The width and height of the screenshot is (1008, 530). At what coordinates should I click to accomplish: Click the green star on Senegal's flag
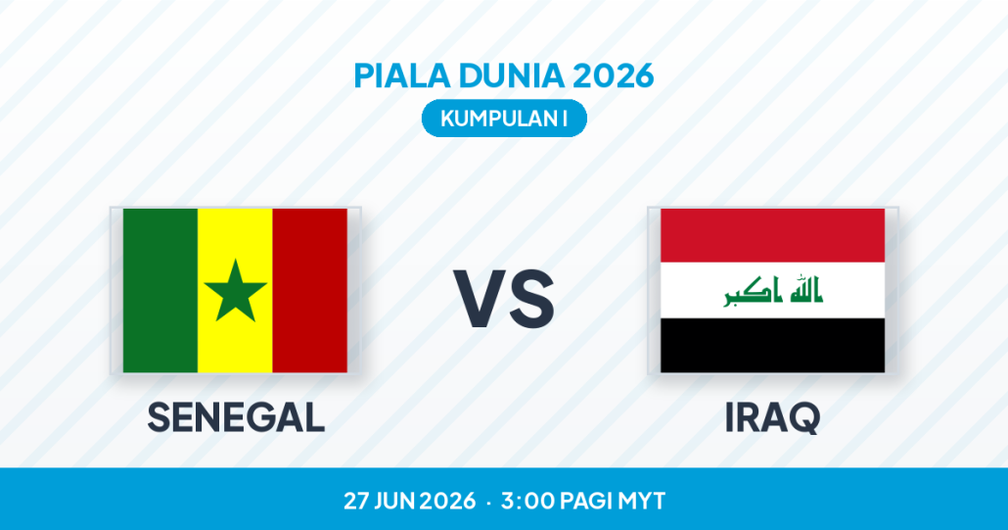click(x=235, y=292)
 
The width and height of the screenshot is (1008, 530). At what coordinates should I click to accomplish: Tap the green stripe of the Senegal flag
click(x=160, y=290)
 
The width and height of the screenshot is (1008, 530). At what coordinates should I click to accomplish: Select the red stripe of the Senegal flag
click(x=310, y=290)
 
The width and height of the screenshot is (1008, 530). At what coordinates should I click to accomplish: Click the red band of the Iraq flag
click(x=773, y=235)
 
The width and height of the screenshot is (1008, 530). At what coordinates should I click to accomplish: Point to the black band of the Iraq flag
click(x=773, y=346)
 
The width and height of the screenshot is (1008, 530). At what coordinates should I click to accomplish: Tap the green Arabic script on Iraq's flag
click(x=773, y=291)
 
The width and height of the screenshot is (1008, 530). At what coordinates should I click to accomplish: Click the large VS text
click(x=504, y=299)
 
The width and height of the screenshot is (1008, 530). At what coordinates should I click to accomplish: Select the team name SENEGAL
click(x=236, y=417)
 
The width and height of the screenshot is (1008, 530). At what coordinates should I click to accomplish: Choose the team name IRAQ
click(x=773, y=418)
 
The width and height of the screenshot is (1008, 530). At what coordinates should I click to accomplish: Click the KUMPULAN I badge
click(x=504, y=119)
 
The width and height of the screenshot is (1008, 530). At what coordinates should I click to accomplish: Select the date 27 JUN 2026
click(x=409, y=501)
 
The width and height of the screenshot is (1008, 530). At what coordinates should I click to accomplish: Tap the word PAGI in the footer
click(x=586, y=501)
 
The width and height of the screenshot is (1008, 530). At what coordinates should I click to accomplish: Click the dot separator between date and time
click(x=488, y=502)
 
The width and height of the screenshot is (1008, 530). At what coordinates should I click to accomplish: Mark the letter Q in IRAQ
click(x=803, y=418)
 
